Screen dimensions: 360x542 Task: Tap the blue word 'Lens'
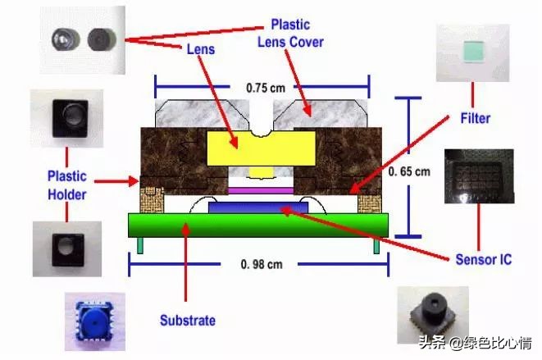[x=199, y=49]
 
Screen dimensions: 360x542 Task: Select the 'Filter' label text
[x=475, y=118]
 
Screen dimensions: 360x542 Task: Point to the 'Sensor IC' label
[x=484, y=260]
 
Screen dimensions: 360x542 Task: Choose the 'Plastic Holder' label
[x=67, y=184]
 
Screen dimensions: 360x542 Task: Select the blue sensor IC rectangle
[x=258, y=208]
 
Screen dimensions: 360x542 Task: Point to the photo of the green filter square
[x=473, y=53]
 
